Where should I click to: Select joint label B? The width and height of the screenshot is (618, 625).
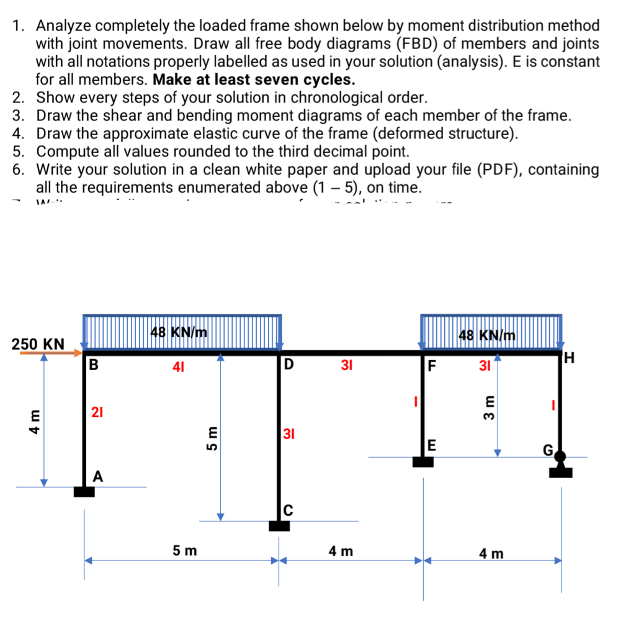tap(94, 364)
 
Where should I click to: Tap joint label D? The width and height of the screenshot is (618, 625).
tap(290, 364)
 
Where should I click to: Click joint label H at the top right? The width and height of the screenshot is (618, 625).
tap(570, 358)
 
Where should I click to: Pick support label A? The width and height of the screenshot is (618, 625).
tap(98, 476)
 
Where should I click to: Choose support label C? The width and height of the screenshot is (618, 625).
tap(289, 510)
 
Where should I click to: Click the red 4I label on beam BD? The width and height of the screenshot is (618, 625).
tap(178, 366)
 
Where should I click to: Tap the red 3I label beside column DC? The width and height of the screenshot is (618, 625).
tap(289, 433)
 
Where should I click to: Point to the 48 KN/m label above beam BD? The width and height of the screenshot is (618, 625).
tap(179, 332)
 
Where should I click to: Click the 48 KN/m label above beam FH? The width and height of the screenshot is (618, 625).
tap(487, 335)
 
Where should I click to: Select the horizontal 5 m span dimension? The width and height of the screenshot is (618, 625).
tap(185, 549)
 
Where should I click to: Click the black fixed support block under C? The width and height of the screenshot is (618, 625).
tap(279, 526)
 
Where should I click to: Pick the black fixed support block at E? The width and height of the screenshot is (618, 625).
tap(423, 462)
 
